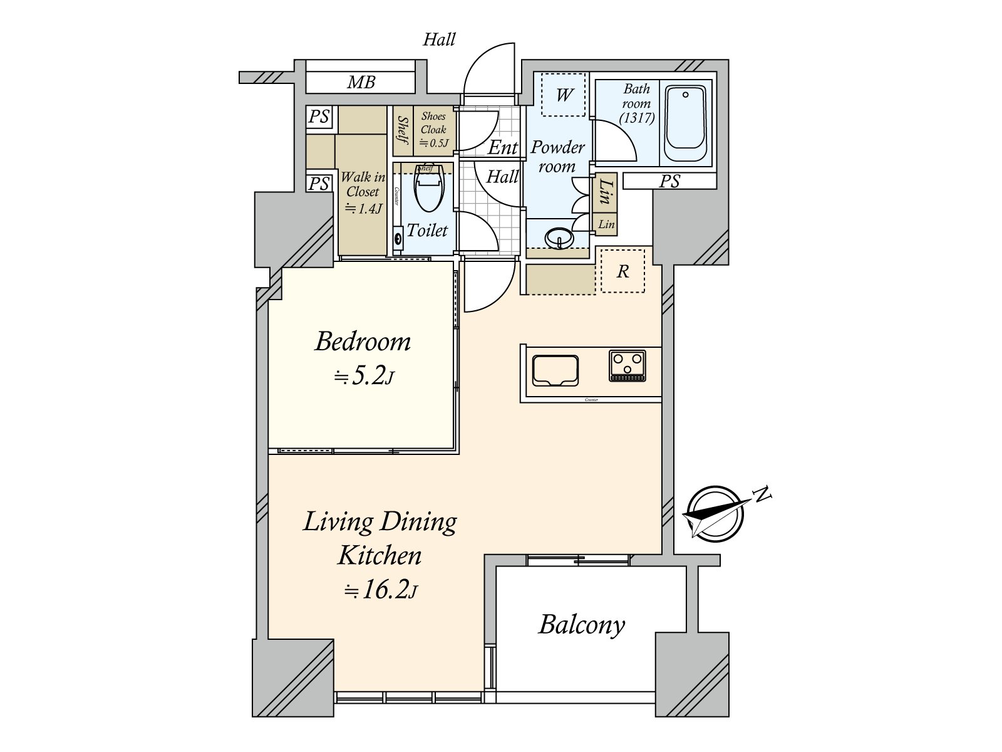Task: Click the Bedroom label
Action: pos(363,342)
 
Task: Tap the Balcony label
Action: pos(582,625)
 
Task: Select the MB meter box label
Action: pos(361,82)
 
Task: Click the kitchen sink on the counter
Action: pos(555,370)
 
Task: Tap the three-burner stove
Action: pos(627,366)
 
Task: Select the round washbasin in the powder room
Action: pos(559,238)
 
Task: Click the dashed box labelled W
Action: pos(563,95)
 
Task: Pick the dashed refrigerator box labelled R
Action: pos(622,271)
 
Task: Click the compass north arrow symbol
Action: pos(715,514)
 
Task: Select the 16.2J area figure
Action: pos(380,590)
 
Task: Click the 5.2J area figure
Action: pos(364,376)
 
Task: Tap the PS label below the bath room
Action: pos(669,181)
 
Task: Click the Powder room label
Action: pos(557,157)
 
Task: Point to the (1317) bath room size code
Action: pos(637,117)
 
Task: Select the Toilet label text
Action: pos(427,231)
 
